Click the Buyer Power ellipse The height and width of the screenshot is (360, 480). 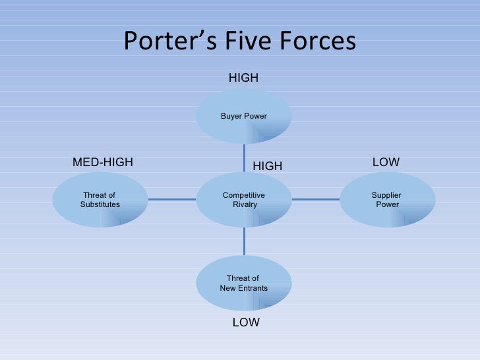[x=244, y=116]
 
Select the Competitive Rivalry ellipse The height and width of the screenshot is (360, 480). [x=244, y=199]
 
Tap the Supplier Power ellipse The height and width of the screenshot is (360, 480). [x=387, y=199]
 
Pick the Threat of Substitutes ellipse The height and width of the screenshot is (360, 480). [x=100, y=199]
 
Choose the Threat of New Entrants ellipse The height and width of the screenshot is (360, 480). [x=244, y=283]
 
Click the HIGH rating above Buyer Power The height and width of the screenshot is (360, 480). [x=243, y=78]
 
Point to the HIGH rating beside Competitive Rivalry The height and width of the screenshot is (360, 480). [x=268, y=167]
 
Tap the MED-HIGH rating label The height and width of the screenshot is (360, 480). [x=102, y=162]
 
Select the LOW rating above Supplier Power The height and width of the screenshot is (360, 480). [x=386, y=162]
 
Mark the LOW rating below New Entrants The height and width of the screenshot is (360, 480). [x=246, y=322]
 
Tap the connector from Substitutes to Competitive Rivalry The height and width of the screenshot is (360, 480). [x=172, y=199]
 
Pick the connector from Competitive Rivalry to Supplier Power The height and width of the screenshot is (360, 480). [x=315, y=199]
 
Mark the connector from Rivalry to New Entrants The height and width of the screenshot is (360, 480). [x=244, y=241]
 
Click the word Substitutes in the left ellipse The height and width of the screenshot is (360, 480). [x=100, y=204]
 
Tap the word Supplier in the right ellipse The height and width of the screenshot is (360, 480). [x=386, y=195]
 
